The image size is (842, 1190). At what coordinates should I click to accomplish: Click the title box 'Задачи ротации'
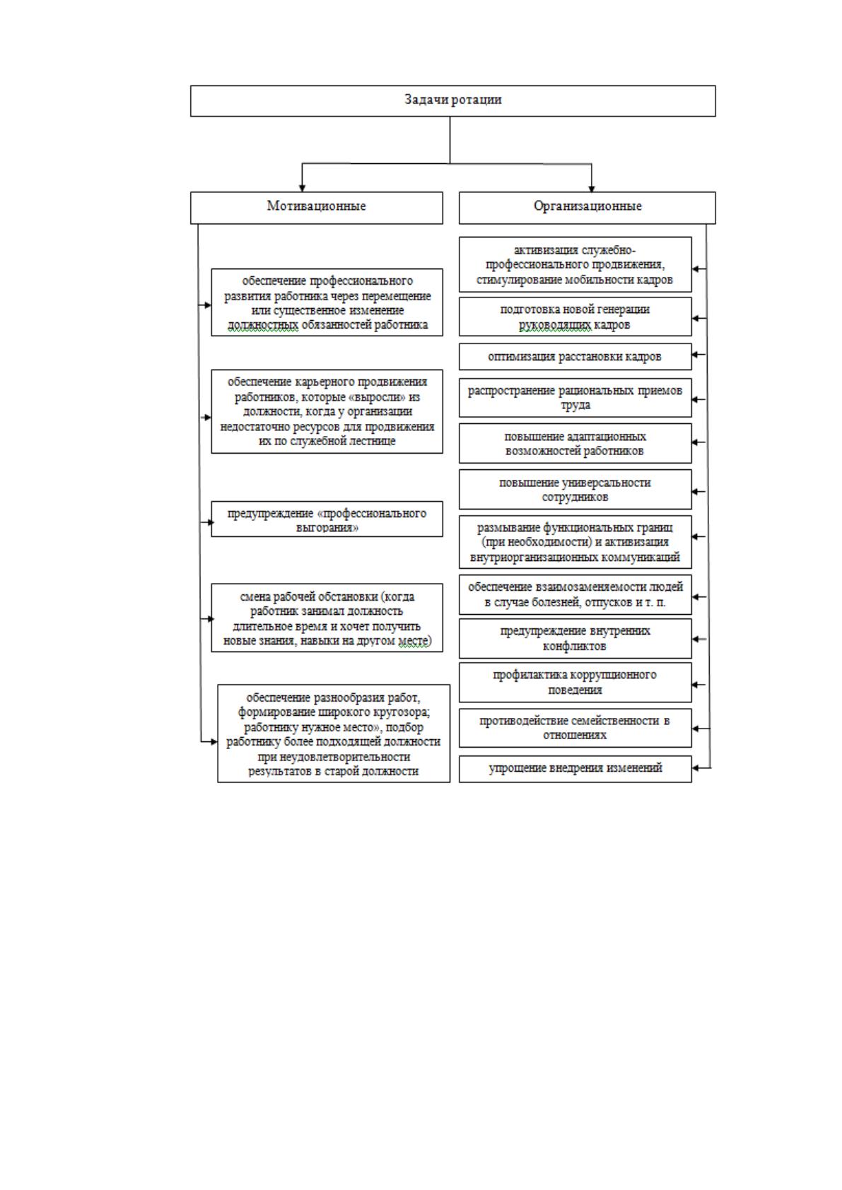[453, 101]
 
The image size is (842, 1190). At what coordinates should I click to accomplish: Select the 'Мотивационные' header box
[316, 208]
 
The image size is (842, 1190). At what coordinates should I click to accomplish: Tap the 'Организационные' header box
[587, 208]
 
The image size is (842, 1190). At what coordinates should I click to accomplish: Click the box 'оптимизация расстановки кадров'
[575, 356]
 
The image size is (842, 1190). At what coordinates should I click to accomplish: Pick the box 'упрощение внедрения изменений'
[575, 769]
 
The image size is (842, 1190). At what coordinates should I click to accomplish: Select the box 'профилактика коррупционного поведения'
[575, 682]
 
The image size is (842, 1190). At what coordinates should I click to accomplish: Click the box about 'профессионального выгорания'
[327, 519]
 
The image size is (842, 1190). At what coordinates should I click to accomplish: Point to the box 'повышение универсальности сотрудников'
[575, 489]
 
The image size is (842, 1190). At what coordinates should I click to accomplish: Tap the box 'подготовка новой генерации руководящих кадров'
[575, 317]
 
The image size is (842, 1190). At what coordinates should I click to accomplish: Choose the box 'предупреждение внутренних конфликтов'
[575, 639]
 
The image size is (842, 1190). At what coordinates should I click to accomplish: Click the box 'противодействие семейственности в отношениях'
[575, 728]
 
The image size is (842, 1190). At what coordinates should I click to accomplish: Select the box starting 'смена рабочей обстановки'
[327, 618]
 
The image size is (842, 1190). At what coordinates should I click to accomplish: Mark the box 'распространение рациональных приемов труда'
[575, 397]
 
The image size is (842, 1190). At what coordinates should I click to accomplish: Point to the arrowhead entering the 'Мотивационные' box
[302, 188]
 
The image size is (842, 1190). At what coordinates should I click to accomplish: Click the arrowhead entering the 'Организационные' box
[592, 188]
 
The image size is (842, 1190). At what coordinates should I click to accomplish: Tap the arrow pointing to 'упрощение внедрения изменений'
[701, 767]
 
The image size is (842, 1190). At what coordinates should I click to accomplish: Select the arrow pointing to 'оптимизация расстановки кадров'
[699, 354]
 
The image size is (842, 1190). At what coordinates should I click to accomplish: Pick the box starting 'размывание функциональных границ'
[575, 542]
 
